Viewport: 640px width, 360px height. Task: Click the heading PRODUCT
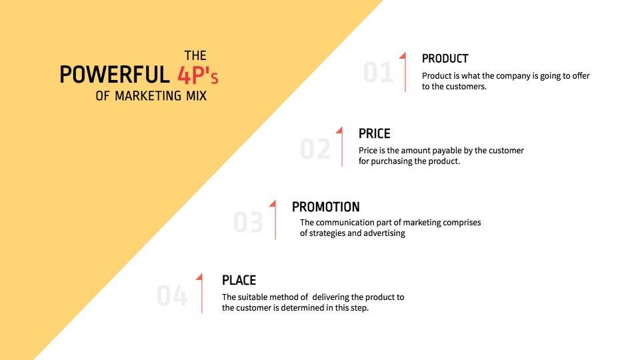pyautogui.click(x=445, y=59)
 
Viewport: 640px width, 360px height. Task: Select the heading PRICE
pyautogui.click(x=374, y=133)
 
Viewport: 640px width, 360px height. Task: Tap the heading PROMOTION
pyautogui.click(x=326, y=207)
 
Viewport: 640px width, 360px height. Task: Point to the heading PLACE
pyautogui.click(x=239, y=281)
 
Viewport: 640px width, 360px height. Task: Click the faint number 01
pyautogui.click(x=379, y=73)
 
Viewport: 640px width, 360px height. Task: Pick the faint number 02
pyautogui.click(x=315, y=149)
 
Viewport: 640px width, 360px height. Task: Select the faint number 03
pyautogui.click(x=248, y=223)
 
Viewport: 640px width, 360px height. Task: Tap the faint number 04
pyautogui.click(x=172, y=295)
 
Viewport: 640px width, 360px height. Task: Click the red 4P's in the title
pyautogui.click(x=198, y=75)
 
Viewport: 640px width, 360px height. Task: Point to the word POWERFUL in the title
pyautogui.click(x=115, y=75)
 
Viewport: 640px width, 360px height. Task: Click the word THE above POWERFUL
pyautogui.click(x=195, y=55)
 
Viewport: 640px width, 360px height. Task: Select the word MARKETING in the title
pyautogui.click(x=148, y=96)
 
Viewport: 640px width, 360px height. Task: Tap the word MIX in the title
pyautogui.click(x=196, y=96)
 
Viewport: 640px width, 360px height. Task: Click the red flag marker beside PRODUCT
pyautogui.click(x=404, y=72)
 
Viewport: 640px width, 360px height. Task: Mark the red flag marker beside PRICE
pyautogui.click(x=341, y=147)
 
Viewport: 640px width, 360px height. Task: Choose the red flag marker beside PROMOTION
pyautogui.click(x=274, y=219)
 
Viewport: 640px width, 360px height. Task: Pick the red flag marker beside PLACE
pyautogui.click(x=201, y=293)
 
